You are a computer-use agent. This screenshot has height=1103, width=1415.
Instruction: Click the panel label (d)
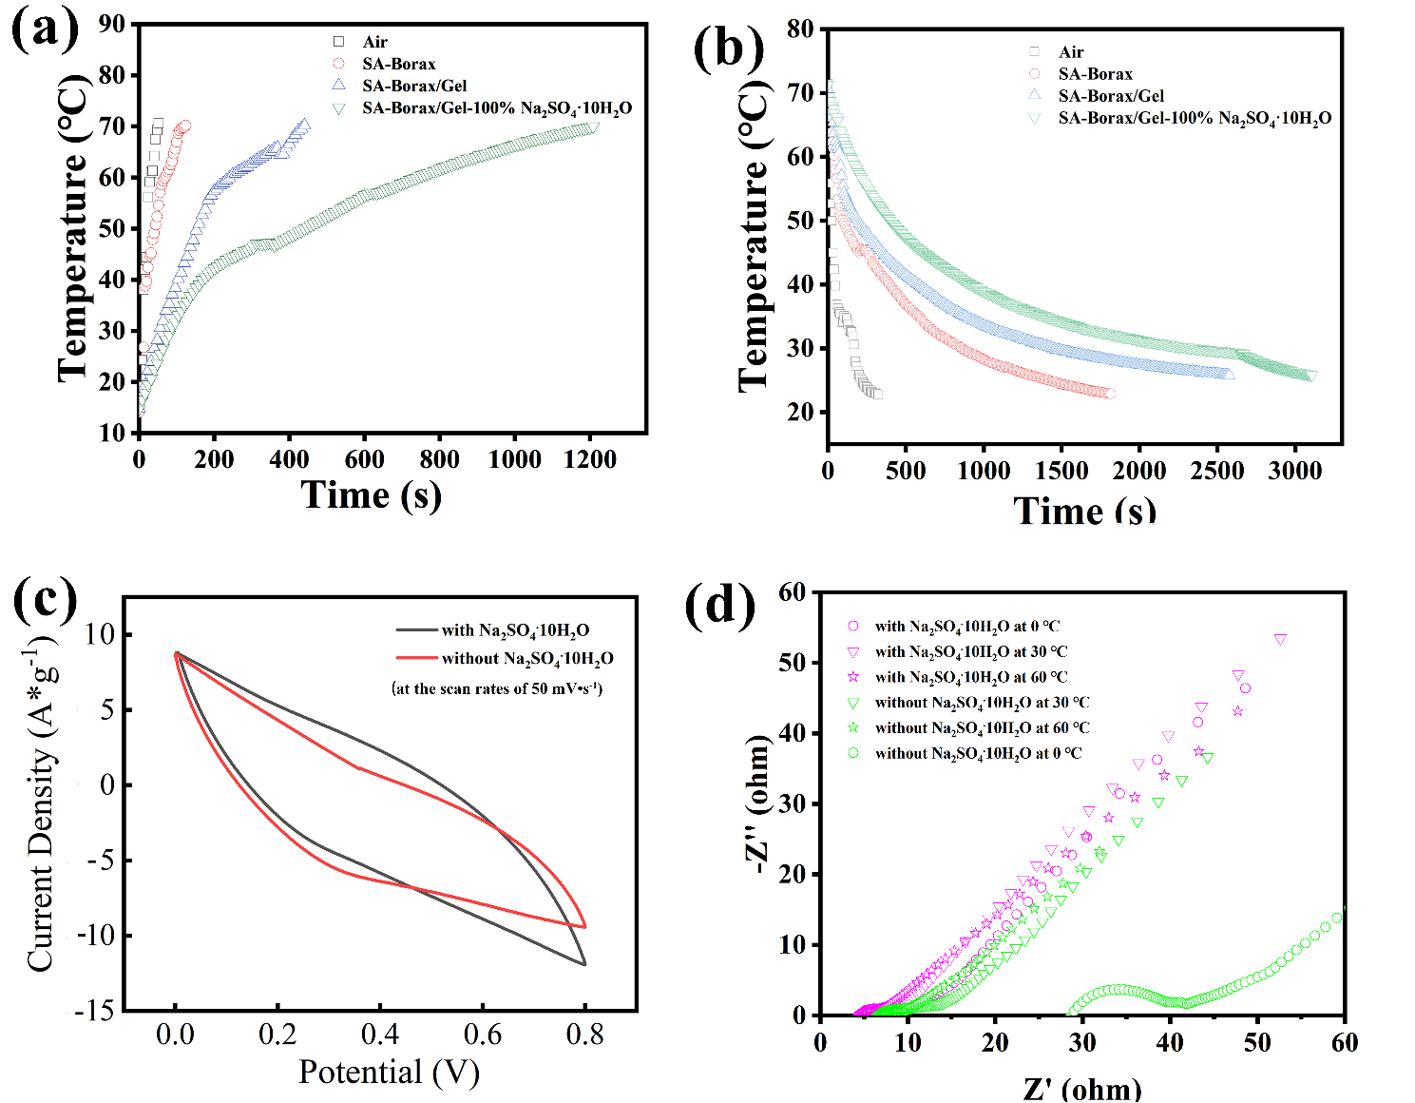pyautogui.click(x=719, y=604)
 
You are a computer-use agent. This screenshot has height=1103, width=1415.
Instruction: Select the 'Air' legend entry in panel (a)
pyautogui.click(x=374, y=42)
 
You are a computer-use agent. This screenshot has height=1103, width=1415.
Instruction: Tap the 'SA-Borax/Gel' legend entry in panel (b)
pyautogui.click(x=1110, y=96)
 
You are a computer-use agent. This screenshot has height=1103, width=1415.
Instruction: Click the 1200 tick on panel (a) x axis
pyautogui.click(x=589, y=459)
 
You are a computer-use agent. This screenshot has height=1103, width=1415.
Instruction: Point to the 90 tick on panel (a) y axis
pyautogui.click(x=112, y=24)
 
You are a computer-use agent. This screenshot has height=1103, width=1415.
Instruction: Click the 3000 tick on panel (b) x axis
pyautogui.click(x=1294, y=471)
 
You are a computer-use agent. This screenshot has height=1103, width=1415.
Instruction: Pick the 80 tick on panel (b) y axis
pyautogui.click(x=800, y=29)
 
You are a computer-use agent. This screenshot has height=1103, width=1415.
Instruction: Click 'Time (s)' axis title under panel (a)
pyautogui.click(x=371, y=495)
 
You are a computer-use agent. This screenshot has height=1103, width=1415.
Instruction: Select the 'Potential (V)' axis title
pyautogui.click(x=389, y=1072)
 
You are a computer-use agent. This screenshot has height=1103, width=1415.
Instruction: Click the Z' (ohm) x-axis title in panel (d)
pyautogui.click(x=1081, y=1088)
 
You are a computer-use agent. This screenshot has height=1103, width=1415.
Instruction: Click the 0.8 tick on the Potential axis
pyautogui.click(x=584, y=1035)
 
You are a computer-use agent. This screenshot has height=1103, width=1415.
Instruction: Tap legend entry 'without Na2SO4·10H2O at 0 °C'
pyautogui.click(x=978, y=753)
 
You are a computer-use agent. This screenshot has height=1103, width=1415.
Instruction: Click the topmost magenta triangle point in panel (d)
pyautogui.click(x=1280, y=640)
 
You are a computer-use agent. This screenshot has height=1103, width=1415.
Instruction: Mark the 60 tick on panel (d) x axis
pyautogui.click(x=1344, y=1042)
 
